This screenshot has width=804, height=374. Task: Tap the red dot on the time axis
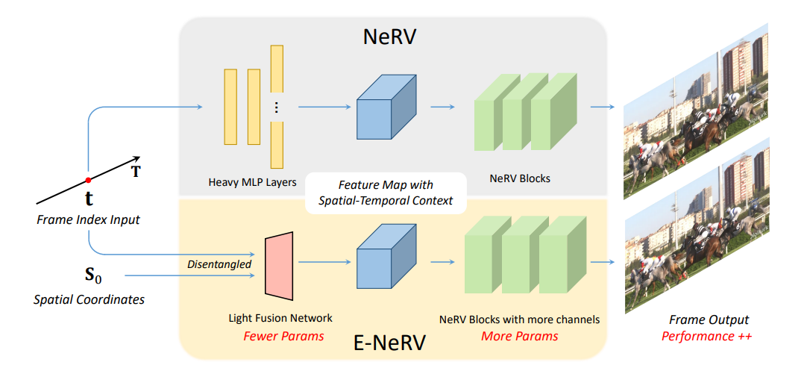(88, 180)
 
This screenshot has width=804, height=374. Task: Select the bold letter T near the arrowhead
(136, 172)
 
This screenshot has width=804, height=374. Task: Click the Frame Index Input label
(89, 219)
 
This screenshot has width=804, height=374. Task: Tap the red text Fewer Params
(283, 336)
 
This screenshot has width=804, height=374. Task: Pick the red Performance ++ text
(707, 336)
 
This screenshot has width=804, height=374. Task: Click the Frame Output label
(707, 320)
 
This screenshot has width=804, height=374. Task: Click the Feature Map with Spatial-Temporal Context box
(386, 192)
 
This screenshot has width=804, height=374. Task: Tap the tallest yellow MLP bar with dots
(277, 106)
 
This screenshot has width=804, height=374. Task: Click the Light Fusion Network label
(280, 319)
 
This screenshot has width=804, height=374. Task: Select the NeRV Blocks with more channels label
(519, 320)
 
